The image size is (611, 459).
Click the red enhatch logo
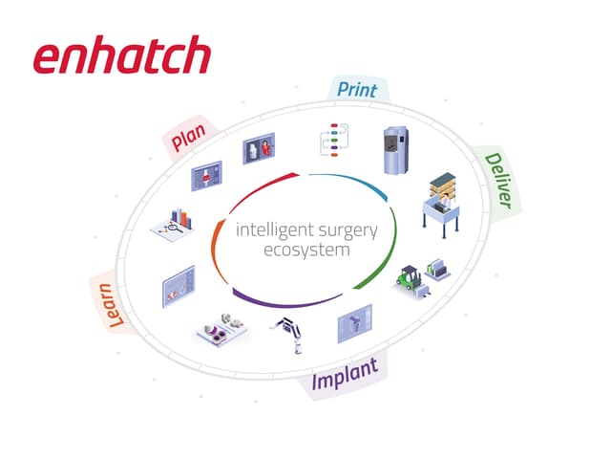[122, 55]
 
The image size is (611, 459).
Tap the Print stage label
[357, 90]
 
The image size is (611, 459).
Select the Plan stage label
[188, 137]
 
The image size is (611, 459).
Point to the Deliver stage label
[498, 181]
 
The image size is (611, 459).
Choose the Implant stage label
[345, 374]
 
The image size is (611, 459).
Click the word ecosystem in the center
[306, 250]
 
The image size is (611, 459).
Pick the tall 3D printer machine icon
[396, 150]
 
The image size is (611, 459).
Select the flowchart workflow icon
[334, 141]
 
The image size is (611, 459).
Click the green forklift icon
[410, 278]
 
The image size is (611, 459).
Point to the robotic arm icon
[288, 335]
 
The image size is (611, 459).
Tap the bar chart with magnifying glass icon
[173, 226]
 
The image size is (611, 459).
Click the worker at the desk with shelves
[442, 205]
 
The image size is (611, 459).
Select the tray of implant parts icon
[222, 329]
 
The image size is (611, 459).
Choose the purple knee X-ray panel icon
[354, 323]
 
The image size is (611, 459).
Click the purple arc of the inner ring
[286, 301]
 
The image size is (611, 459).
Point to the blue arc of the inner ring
[351, 183]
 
